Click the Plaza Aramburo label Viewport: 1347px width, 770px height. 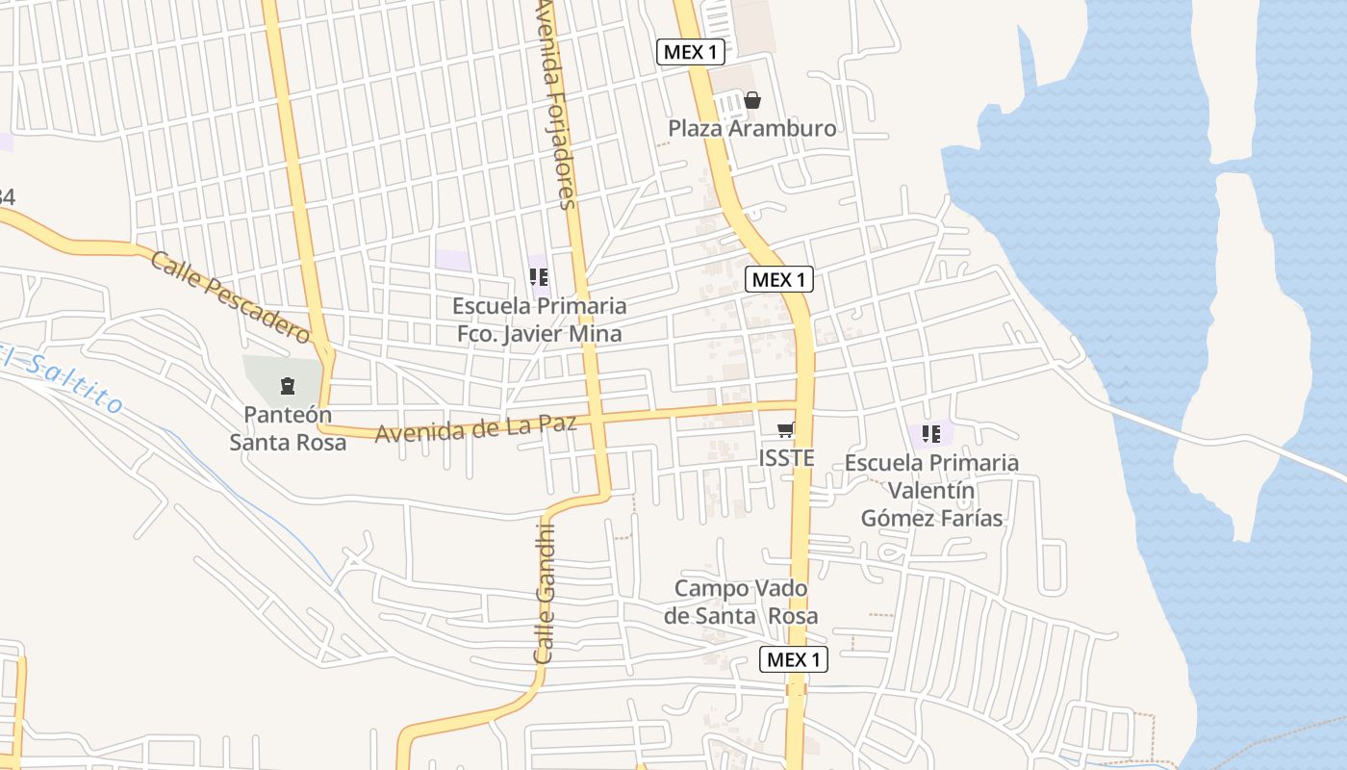[x=751, y=128]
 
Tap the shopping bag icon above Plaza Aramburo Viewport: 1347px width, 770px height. [x=752, y=100]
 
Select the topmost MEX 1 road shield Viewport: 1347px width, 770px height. [x=690, y=52]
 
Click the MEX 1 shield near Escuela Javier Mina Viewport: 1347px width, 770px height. [x=779, y=280]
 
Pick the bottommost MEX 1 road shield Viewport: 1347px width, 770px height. [x=793, y=659]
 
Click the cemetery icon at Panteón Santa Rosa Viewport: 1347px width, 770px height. [x=287, y=387]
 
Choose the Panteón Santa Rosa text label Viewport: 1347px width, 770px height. [x=288, y=429]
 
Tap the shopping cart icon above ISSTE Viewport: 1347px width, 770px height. [x=786, y=430]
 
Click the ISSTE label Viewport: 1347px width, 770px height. [x=786, y=458]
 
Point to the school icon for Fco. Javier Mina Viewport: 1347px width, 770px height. [x=539, y=277]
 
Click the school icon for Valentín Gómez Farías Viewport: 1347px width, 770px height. [x=930, y=434]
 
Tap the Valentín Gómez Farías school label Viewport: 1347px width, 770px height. [x=931, y=490]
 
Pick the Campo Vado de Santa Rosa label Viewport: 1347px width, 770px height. [x=741, y=602]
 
